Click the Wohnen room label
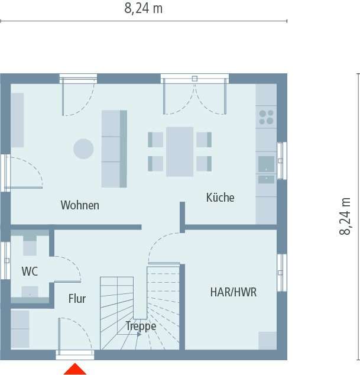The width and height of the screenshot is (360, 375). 80,206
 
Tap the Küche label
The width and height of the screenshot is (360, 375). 220,198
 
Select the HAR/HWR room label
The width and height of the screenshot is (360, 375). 233,292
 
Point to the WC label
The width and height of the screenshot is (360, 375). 30,271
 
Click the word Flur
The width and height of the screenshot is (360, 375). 77,299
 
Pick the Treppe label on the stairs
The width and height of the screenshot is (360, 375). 141,326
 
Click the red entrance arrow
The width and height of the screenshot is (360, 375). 75,369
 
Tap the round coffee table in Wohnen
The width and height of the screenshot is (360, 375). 83,148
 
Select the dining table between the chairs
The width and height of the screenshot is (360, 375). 180,151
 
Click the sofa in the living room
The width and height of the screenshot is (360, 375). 114,148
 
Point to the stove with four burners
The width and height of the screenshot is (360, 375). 266,117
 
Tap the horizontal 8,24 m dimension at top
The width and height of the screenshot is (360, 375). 144,8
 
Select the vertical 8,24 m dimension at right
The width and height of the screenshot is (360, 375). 345,216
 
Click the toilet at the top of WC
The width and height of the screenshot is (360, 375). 30,244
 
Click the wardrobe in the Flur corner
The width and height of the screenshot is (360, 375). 20,328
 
